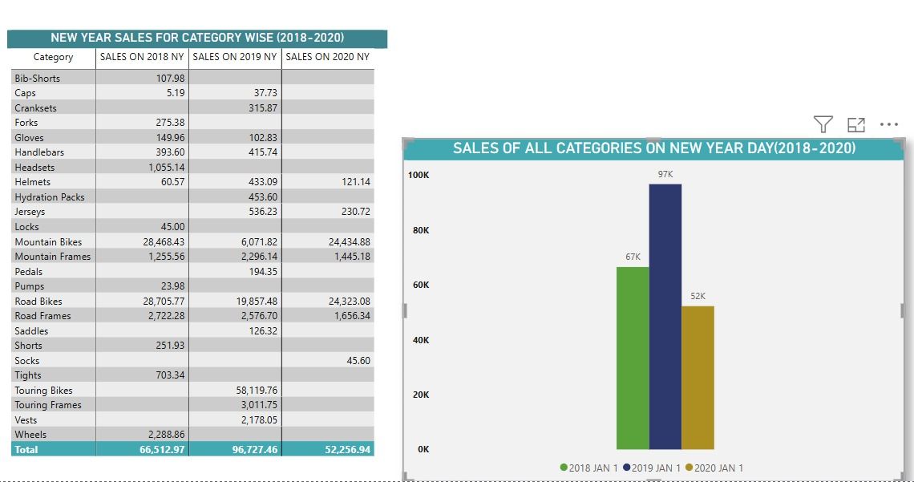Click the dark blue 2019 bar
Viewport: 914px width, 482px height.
(665, 317)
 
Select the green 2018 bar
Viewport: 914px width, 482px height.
(633, 358)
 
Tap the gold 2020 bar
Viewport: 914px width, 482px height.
(698, 378)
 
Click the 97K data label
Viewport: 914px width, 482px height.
(665, 174)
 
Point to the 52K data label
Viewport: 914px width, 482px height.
(698, 296)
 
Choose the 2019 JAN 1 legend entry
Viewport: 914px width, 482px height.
(652, 468)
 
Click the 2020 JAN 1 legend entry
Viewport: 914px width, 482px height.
(714, 468)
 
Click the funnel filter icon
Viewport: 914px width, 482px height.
(823, 124)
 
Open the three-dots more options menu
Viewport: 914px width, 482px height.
(889, 124)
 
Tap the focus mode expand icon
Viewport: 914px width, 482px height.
(855, 124)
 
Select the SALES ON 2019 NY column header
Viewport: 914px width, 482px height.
(235, 56)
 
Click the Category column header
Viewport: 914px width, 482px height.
(53, 57)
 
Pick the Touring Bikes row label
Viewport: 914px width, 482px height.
(44, 391)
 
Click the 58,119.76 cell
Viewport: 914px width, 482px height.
(257, 391)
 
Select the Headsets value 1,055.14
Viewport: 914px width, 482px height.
(167, 168)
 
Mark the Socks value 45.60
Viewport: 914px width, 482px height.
(358, 361)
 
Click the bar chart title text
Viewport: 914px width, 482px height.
(654, 148)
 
